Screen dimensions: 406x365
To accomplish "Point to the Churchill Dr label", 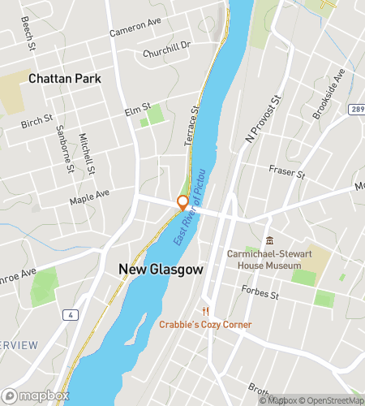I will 165,48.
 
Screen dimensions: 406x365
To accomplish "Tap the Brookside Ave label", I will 328,93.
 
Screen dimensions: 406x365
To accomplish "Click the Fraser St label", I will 286,172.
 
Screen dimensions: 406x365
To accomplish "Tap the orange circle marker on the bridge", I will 183,201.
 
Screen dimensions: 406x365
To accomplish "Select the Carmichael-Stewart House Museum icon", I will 270,240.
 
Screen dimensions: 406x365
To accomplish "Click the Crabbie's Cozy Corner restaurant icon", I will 206,311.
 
